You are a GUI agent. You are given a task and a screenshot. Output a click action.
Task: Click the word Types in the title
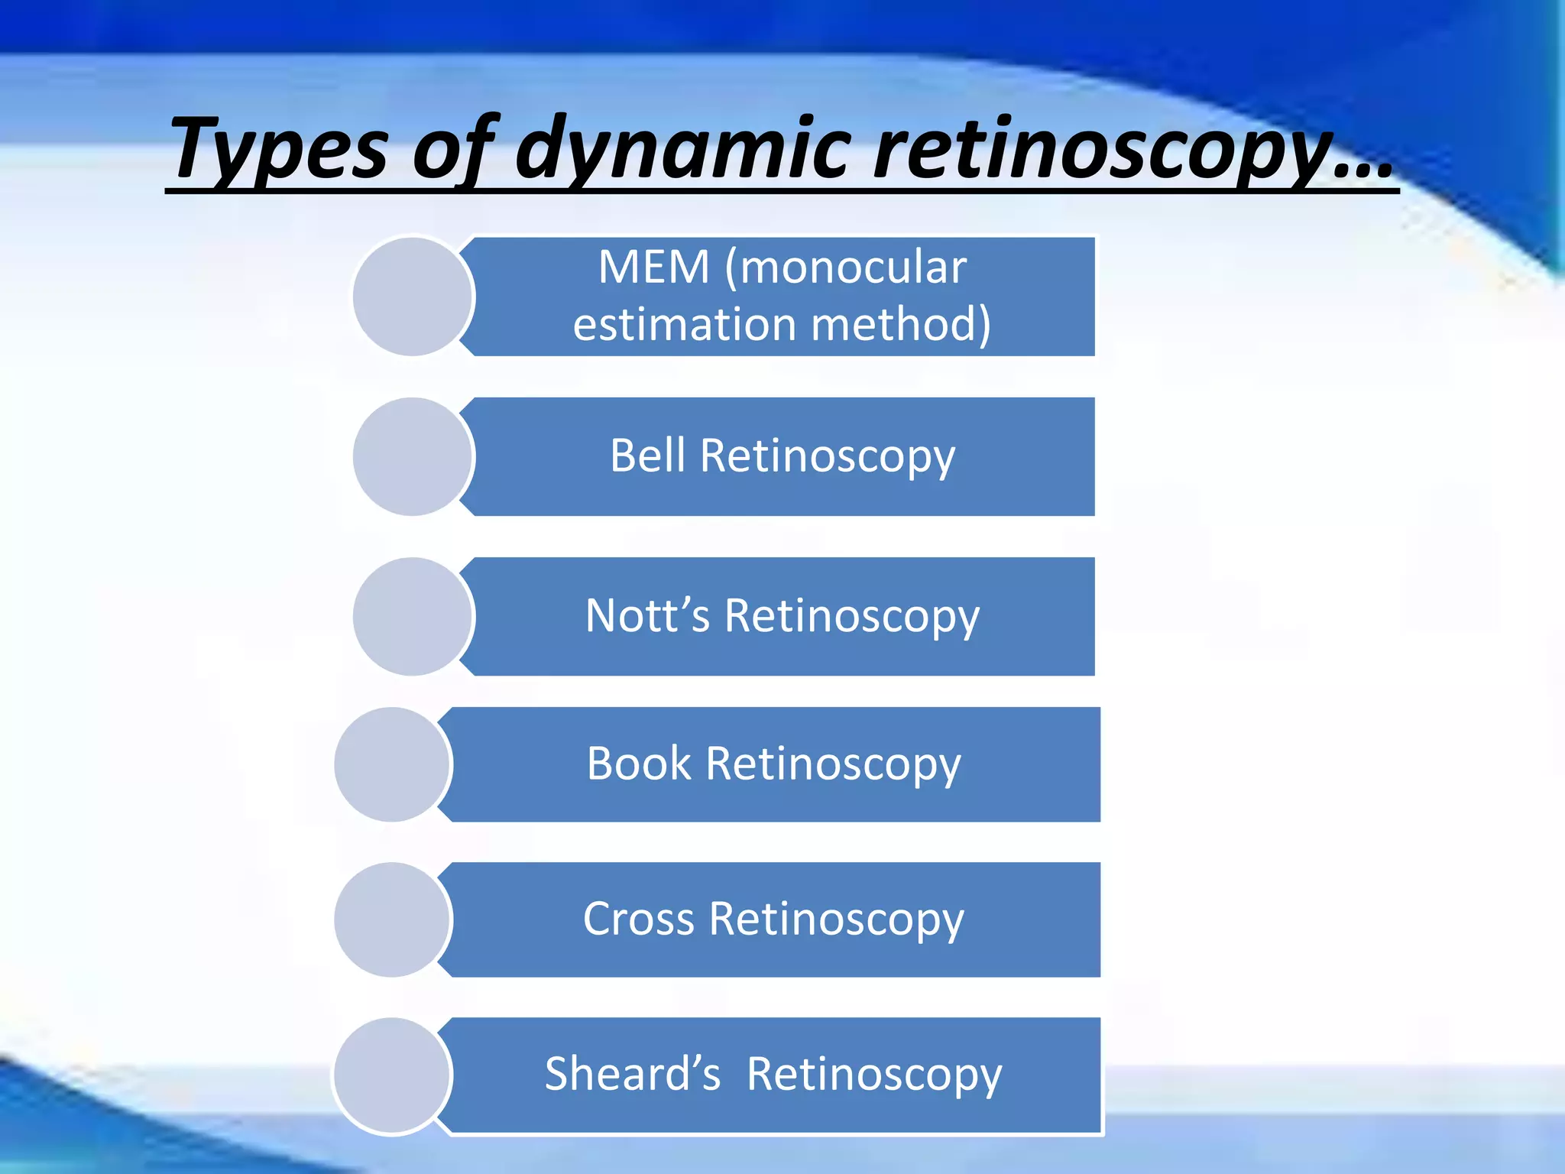[x=280, y=149]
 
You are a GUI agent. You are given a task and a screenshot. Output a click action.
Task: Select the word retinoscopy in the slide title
[x=1108, y=149]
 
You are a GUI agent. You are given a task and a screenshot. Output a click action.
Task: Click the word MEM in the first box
[x=654, y=268]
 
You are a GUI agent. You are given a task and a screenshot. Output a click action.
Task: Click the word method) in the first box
[x=901, y=324]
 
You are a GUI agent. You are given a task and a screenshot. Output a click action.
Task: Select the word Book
[x=639, y=764]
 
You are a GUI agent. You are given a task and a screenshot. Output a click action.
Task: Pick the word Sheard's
[x=633, y=1074]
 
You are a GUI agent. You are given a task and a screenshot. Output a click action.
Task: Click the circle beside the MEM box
[x=413, y=297]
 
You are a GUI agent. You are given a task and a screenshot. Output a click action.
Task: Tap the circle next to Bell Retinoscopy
[x=413, y=456]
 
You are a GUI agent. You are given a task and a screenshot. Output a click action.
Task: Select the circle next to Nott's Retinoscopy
[x=413, y=616]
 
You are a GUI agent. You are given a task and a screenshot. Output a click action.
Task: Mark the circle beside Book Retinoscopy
[x=393, y=764]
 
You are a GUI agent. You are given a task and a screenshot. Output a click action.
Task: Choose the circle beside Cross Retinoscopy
[x=393, y=919]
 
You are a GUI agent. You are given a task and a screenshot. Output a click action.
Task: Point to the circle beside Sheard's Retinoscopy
[x=393, y=1075]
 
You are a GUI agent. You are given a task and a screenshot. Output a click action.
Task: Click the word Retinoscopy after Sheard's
[x=874, y=1075]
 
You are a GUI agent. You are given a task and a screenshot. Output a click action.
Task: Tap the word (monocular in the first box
[x=845, y=268]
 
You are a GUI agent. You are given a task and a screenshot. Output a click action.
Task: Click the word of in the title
[x=451, y=149]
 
